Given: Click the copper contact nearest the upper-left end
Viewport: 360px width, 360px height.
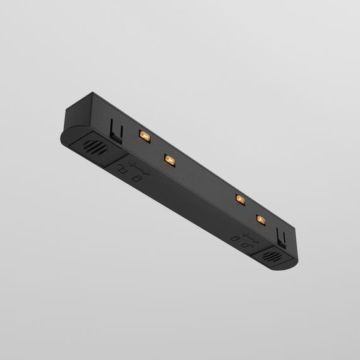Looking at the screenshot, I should coord(143,136).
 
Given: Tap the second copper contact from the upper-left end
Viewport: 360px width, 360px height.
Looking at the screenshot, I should coord(169,160).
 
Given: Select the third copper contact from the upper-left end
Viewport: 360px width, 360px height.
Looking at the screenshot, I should coord(240,200).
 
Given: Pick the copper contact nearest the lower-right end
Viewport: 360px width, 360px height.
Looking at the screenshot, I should coord(260,220).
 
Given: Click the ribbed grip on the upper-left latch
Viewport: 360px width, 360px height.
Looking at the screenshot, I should coord(94,152).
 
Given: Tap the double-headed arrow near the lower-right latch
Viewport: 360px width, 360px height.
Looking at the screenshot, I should coord(248,240).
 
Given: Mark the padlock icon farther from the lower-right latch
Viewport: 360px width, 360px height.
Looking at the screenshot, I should coord(234,239).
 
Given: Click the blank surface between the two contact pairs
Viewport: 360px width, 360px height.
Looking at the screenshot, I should coord(203,181).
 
